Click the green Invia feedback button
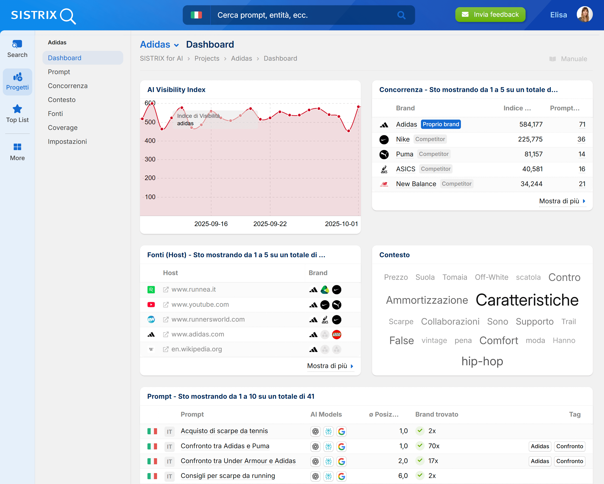tap(490, 15)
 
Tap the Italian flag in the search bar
tap(196, 15)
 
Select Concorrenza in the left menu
tap(68, 86)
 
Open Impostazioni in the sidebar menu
tap(67, 142)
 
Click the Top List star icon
tap(17, 109)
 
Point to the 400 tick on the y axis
tap(150, 141)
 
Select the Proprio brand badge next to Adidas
tap(441, 124)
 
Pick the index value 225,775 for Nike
tap(530, 139)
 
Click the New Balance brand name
tap(416, 184)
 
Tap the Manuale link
tap(574, 59)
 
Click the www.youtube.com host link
tap(200, 305)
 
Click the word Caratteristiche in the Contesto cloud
tap(527, 300)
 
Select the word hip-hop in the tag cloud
tap(482, 361)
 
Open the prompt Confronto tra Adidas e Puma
tap(225, 446)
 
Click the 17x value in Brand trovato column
tap(433, 461)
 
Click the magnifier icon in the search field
tap(401, 15)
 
